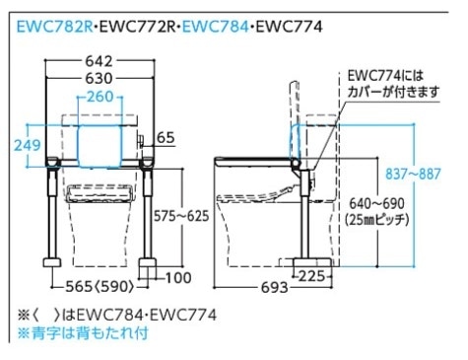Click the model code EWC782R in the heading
(x=55, y=27)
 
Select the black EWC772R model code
(x=137, y=27)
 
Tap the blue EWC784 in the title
(x=216, y=27)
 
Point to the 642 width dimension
(x=99, y=61)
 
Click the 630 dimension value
(x=99, y=78)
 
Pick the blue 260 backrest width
(x=100, y=97)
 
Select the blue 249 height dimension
(x=28, y=145)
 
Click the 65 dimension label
(x=166, y=138)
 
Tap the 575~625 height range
(x=181, y=216)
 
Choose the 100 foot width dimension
(x=178, y=278)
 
